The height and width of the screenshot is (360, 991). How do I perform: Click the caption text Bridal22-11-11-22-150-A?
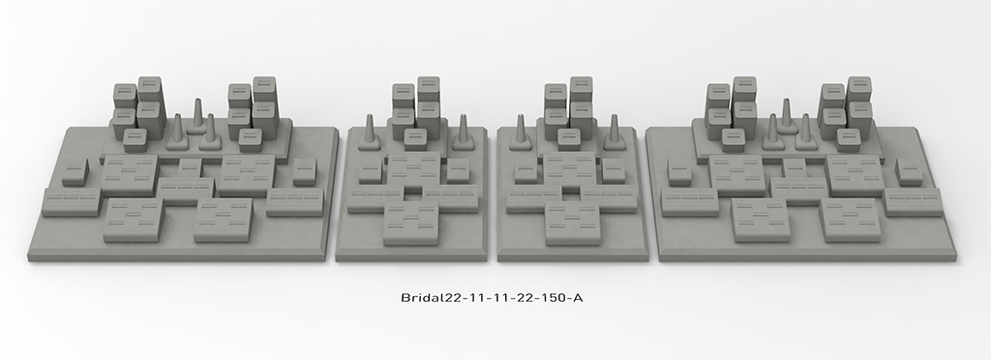pyautogui.click(x=492, y=297)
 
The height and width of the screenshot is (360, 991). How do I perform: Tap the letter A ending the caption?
pyautogui.click(x=577, y=297)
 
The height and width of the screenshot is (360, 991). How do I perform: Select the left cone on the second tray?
pyautogui.click(x=369, y=132)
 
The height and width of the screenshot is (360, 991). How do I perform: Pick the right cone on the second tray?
pyautogui.click(x=464, y=132)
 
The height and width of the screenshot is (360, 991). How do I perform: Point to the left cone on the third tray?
pyautogui.click(x=521, y=132)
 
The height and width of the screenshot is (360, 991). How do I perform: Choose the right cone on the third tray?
pyautogui.click(x=614, y=132)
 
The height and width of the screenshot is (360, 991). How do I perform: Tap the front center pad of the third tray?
pyautogui.click(x=573, y=225)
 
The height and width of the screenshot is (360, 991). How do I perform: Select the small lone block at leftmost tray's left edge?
pyautogui.click(x=75, y=172)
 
